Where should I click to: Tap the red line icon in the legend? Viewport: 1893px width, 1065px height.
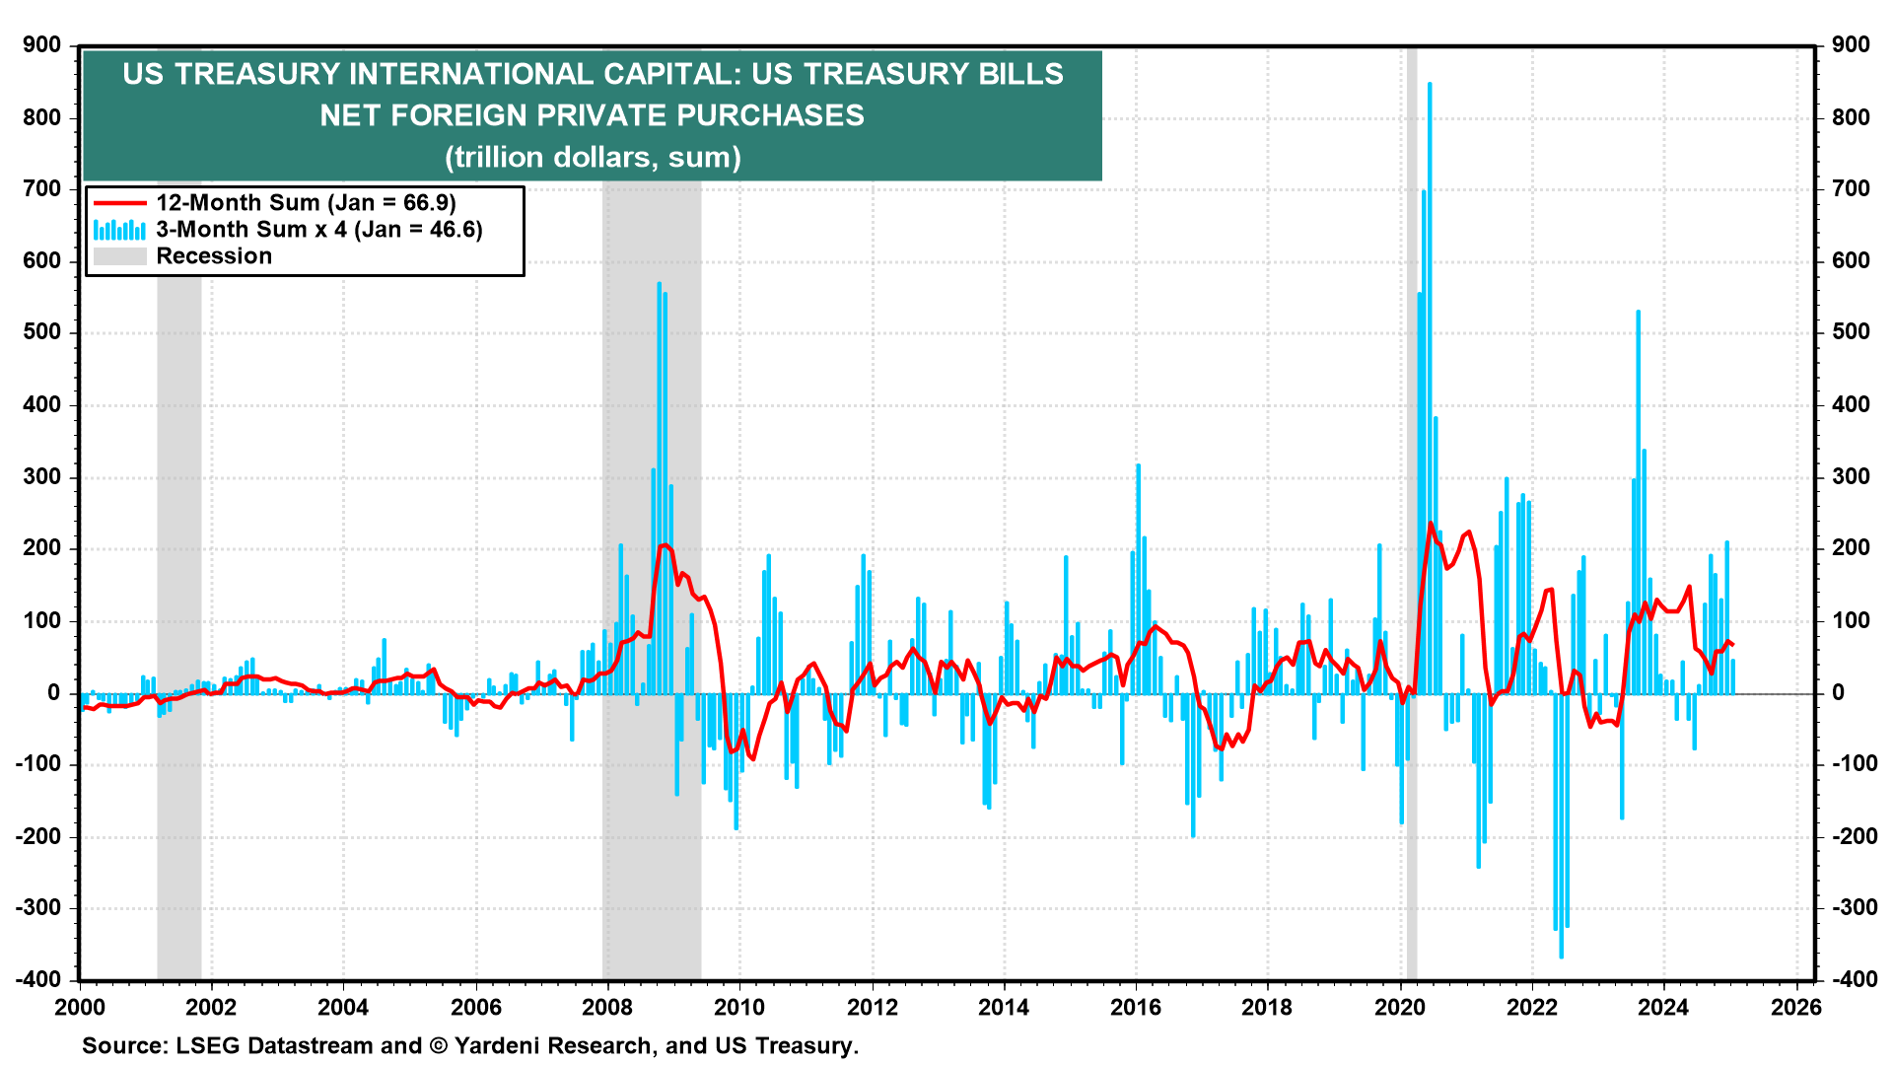coord(119,203)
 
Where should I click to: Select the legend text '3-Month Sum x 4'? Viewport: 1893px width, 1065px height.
coord(250,230)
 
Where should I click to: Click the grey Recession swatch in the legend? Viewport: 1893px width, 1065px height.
coord(119,256)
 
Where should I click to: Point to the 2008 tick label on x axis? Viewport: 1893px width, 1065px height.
coord(607,1007)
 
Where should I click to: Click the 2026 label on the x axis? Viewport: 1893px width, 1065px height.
coord(1796,1007)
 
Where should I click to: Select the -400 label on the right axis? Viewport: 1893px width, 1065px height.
coord(1850,980)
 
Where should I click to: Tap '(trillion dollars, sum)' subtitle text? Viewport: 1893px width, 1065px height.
coord(593,158)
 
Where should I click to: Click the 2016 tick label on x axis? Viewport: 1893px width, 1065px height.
coord(1136,1007)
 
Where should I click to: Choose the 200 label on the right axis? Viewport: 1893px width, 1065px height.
coord(1850,548)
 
